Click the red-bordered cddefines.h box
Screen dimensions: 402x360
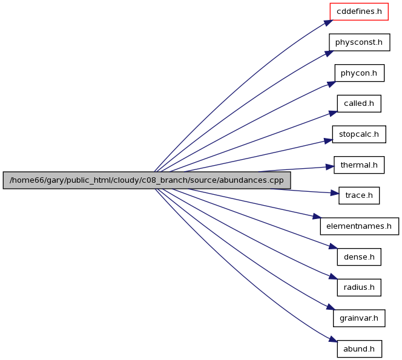359,11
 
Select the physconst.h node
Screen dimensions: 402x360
360,42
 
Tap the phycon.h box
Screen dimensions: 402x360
360,73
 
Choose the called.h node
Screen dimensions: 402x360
359,103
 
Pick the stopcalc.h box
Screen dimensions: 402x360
359,134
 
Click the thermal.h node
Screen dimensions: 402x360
359,165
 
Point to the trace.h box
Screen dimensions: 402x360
359,195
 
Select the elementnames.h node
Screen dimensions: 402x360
360,226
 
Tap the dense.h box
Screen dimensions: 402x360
359,257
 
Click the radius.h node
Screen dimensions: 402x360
359,287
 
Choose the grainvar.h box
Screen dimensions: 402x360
359,318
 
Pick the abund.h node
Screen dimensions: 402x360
359,349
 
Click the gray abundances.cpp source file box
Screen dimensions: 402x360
147,180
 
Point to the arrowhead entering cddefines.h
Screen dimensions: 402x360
328,22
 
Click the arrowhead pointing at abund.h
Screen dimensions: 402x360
333,339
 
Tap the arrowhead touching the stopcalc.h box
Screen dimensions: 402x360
328,141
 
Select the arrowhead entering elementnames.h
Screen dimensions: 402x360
317,217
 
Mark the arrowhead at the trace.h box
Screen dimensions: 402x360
335,193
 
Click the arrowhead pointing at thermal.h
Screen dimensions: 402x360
330,167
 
